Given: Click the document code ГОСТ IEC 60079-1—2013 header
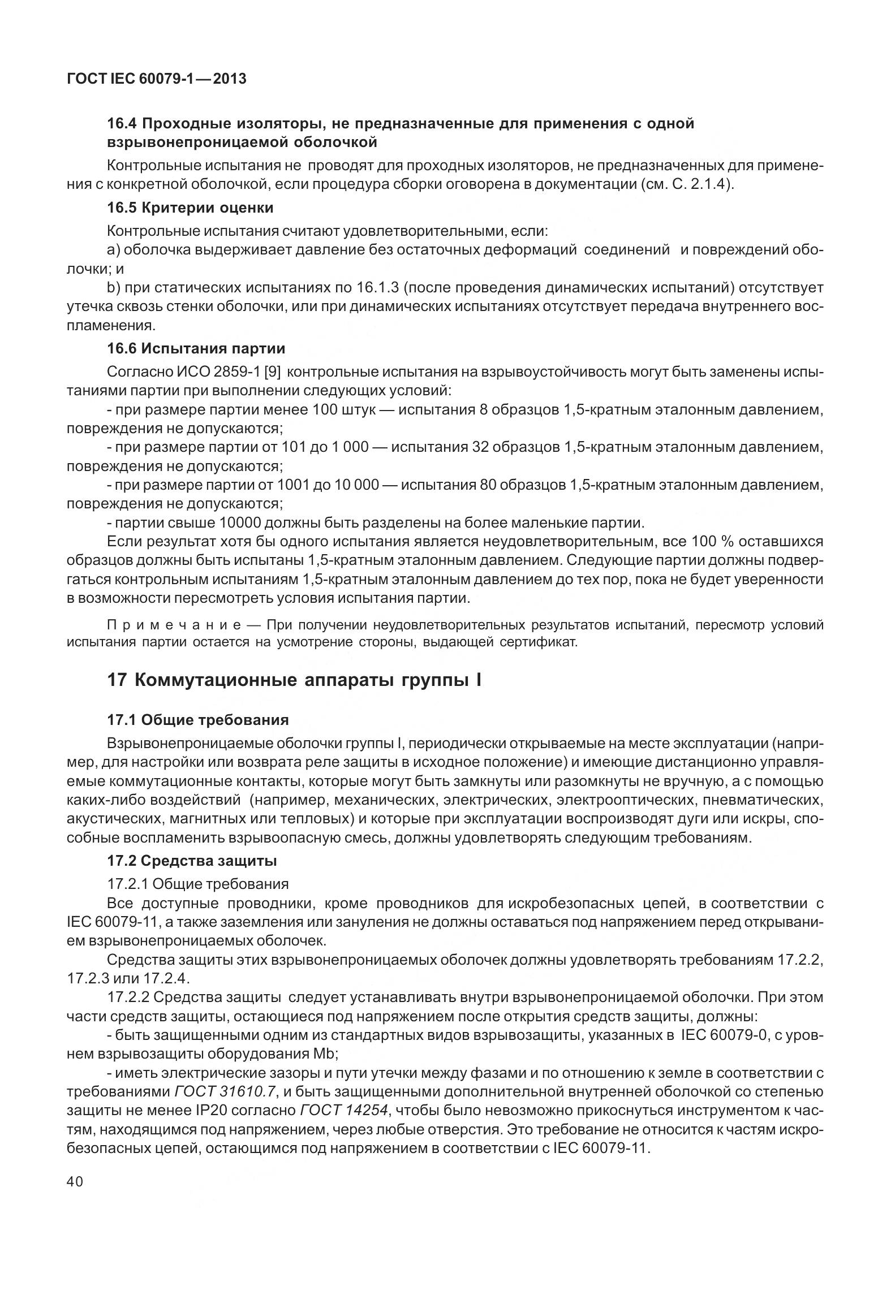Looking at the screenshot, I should (x=157, y=79).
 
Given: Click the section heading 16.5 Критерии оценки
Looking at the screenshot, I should (x=190, y=208).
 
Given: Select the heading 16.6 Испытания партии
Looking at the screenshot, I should (x=196, y=348).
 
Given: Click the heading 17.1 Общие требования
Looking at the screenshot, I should (x=197, y=720).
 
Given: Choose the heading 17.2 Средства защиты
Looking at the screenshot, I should (x=192, y=861).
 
